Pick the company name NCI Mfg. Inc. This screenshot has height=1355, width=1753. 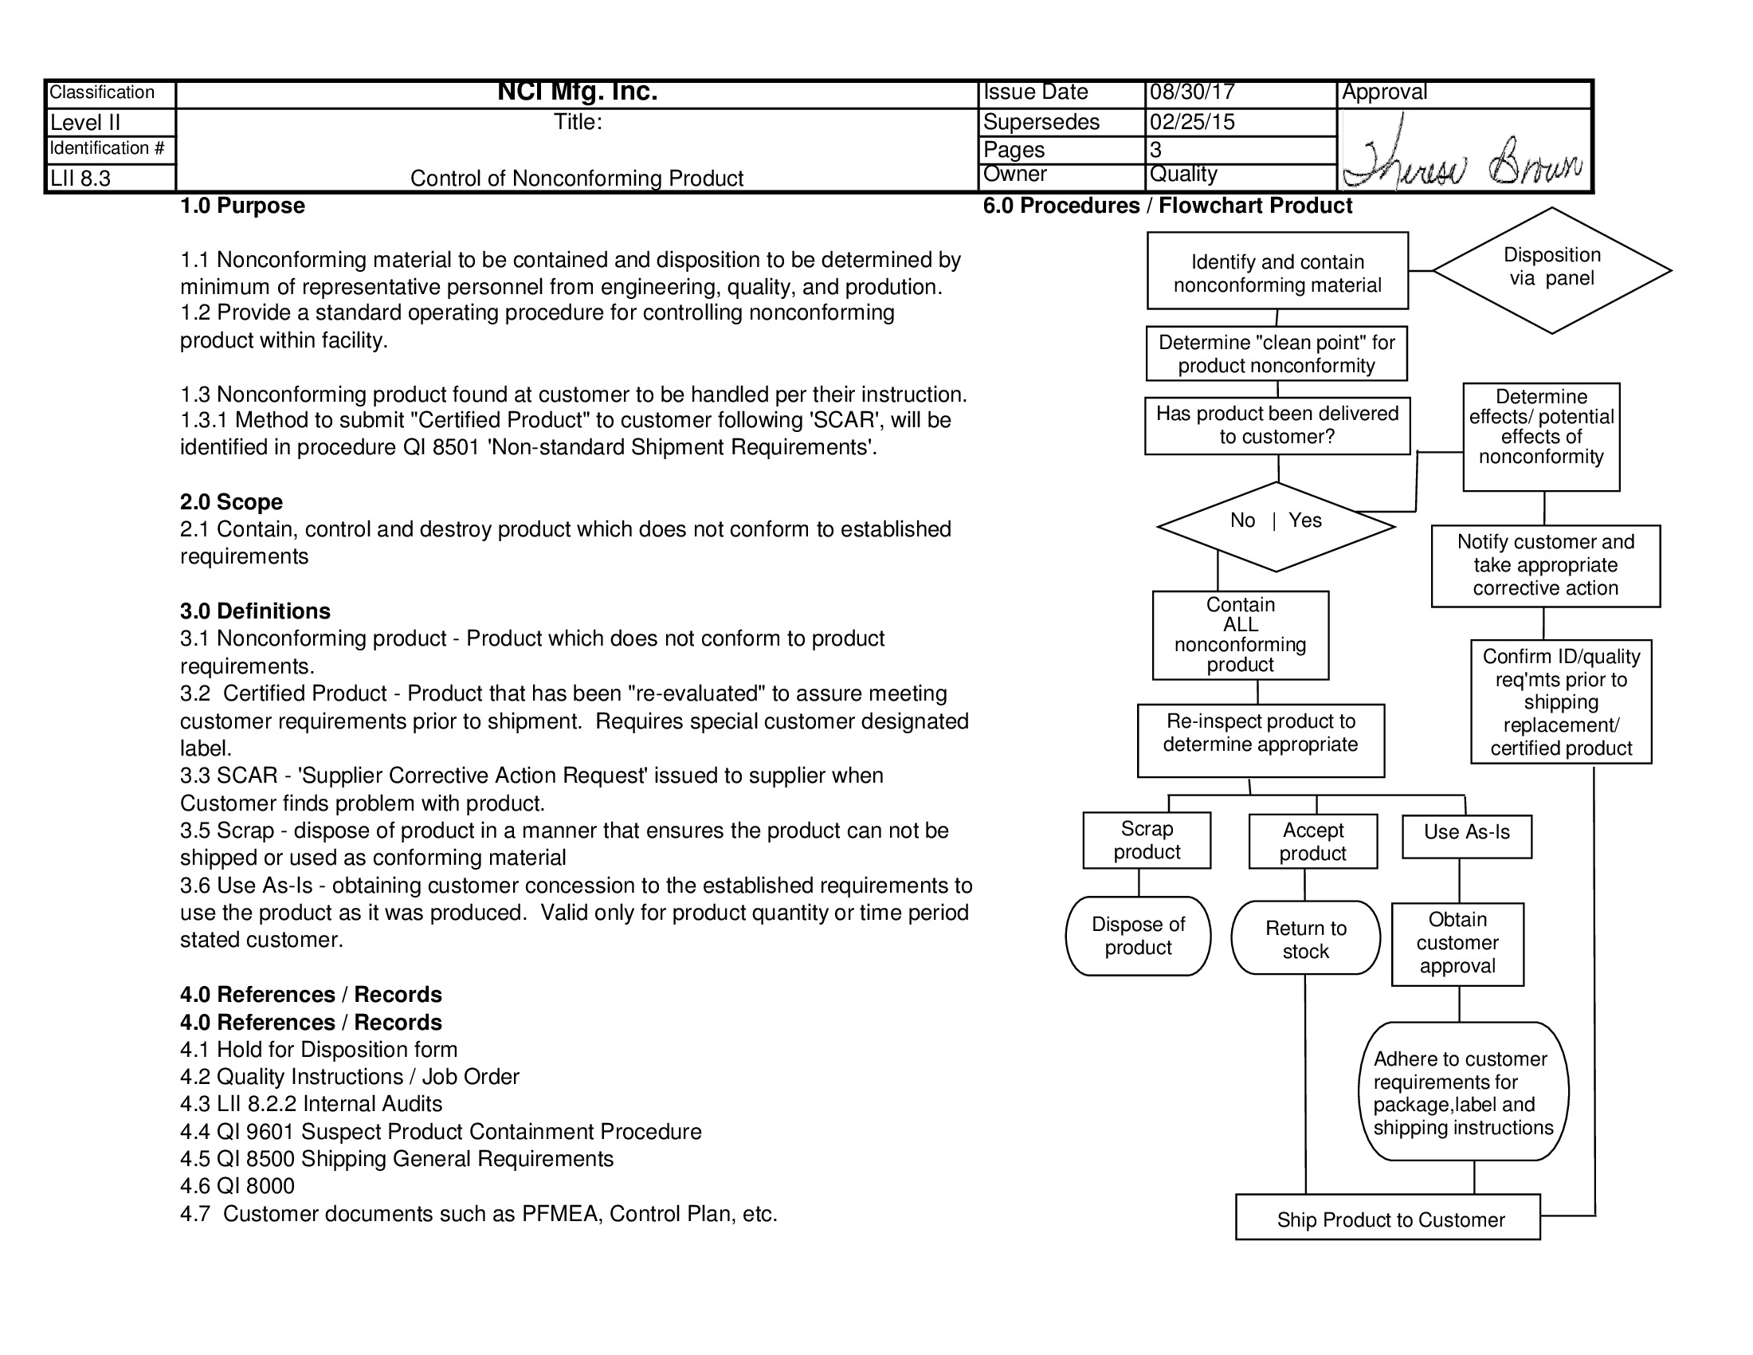577,92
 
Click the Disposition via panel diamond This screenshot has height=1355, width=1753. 1551,269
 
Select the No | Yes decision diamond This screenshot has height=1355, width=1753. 1276,526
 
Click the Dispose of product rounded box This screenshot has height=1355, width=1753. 1137,936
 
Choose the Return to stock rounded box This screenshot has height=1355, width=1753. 1305,939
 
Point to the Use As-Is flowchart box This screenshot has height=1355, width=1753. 1466,835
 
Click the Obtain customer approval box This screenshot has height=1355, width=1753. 1457,943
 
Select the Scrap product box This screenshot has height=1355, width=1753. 1146,840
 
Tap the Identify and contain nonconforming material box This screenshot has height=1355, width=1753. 1277,271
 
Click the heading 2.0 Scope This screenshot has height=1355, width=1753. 231,502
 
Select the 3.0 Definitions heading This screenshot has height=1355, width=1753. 255,611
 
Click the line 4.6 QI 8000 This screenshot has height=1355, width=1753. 237,1187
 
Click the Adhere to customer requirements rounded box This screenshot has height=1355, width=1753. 1462,1093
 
